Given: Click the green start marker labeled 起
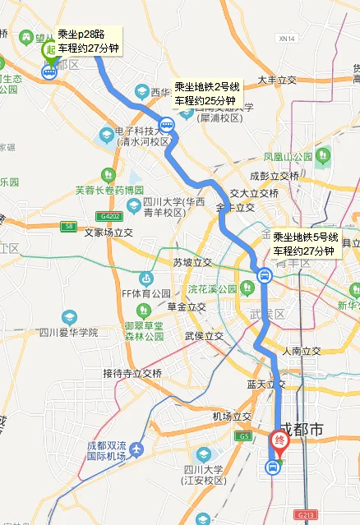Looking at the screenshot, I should pos(50,50).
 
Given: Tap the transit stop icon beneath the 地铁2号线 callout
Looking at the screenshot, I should pos(167,126).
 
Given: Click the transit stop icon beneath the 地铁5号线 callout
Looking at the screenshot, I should pos(264,275).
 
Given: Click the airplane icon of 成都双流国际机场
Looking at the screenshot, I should pos(136,450).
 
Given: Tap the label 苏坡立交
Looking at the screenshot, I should pos(192,262).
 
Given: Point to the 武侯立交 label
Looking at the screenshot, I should pos(204,335).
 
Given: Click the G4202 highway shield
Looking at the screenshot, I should pos(108,215).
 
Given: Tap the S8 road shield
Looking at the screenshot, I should pos(68,225).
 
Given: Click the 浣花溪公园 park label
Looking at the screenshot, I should pos(212,289).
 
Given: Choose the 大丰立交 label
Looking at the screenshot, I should pos(277,80).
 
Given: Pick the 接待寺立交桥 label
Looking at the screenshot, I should pos(132,372).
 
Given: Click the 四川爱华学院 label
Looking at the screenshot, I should pos(68,332).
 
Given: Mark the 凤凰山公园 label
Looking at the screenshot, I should pos(288,155).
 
